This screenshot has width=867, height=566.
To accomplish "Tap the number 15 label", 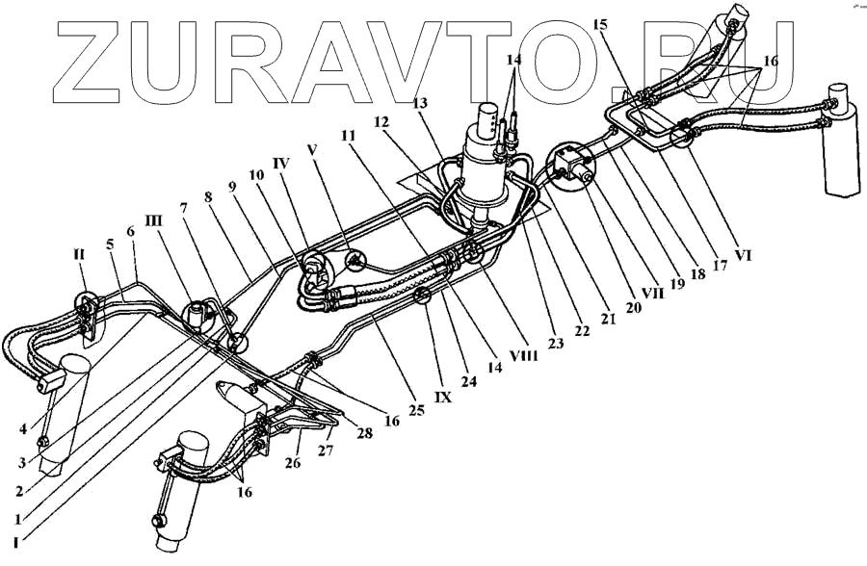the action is [601, 26].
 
